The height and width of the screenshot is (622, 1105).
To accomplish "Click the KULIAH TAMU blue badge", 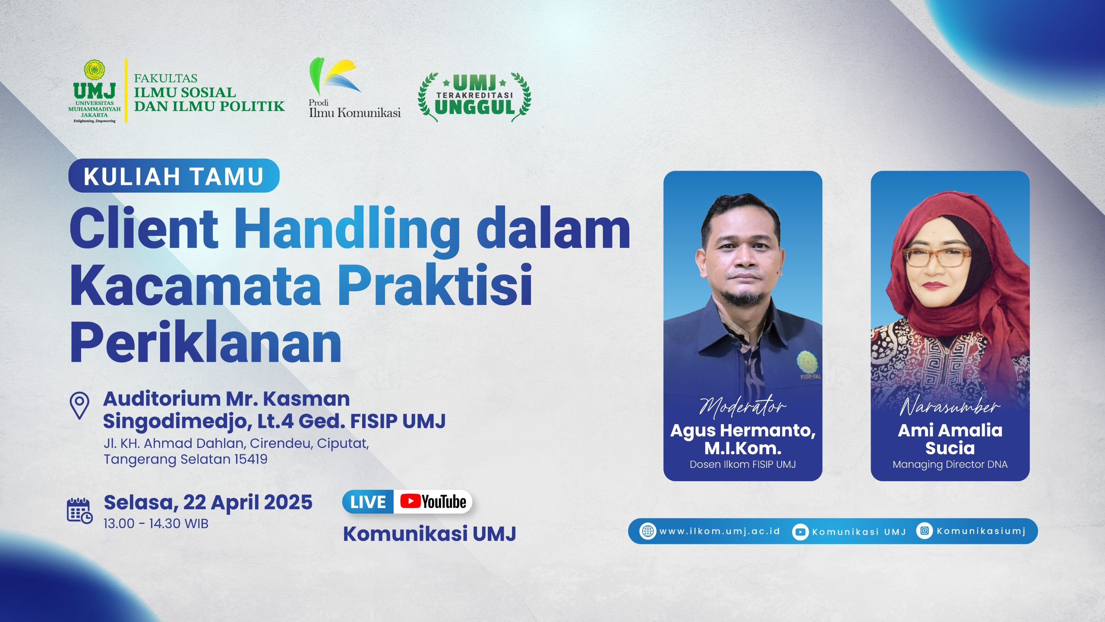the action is [174, 176].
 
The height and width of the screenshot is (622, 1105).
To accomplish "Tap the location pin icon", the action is [79, 405].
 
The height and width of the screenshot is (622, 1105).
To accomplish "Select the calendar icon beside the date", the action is [79, 511].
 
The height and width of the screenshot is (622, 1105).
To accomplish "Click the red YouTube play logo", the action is [410, 501].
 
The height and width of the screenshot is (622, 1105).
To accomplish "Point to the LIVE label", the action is [368, 502].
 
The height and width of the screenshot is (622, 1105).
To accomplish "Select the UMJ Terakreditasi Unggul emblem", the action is [474, 97].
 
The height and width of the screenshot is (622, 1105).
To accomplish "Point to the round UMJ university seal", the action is [95, 70].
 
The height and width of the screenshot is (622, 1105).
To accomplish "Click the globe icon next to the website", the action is [648, 531].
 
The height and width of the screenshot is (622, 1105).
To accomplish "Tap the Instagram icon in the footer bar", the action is [924, 530].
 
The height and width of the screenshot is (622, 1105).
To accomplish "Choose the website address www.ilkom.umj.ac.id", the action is [720, 531].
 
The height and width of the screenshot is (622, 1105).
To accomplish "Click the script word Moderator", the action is [742, 406].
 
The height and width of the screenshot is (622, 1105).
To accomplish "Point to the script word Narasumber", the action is [950, 406].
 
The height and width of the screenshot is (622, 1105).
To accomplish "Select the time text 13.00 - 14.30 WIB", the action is [156, 524].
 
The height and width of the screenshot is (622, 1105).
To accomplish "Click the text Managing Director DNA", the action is [950, 464].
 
